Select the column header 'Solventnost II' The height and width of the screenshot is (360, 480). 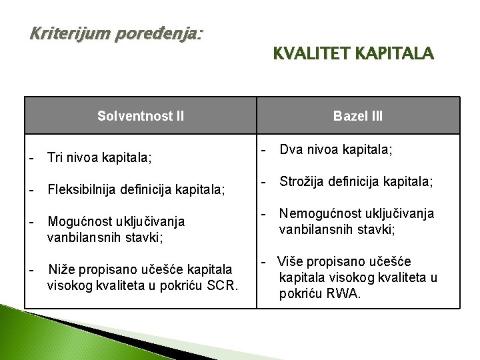[141, 116]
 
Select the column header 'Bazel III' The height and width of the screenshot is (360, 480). [358, 116]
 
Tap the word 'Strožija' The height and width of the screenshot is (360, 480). [301, 182]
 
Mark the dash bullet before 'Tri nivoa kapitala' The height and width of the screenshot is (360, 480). [31, 158]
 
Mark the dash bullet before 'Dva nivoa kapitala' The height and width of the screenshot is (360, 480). [264, 151]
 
